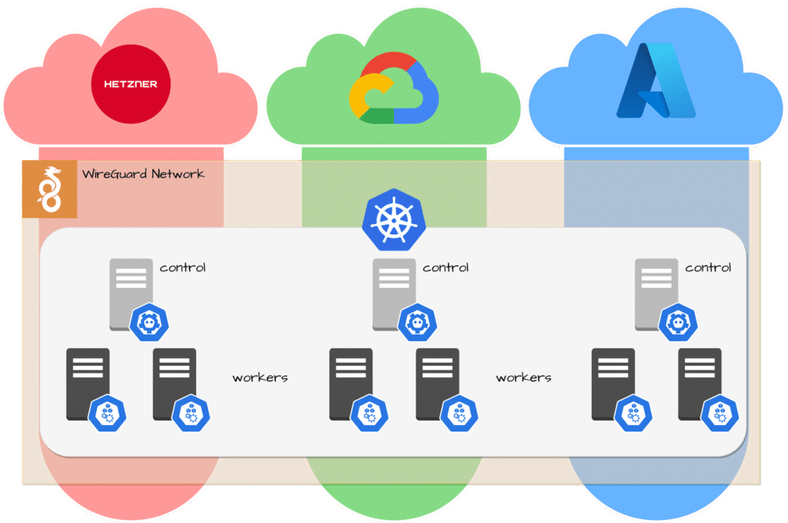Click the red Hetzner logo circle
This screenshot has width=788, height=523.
[131, 84]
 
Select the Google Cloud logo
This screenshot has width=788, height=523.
[393, 88]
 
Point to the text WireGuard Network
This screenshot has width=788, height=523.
[143, 174]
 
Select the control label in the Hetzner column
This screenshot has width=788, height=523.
[183, 267]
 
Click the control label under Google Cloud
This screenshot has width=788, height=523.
[445, 267]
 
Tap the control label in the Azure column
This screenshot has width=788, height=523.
[708, 267]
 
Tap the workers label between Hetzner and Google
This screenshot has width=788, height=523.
[260, 378]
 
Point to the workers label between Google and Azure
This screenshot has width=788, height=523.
[523, 378]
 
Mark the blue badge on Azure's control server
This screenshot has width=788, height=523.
[675, 322]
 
